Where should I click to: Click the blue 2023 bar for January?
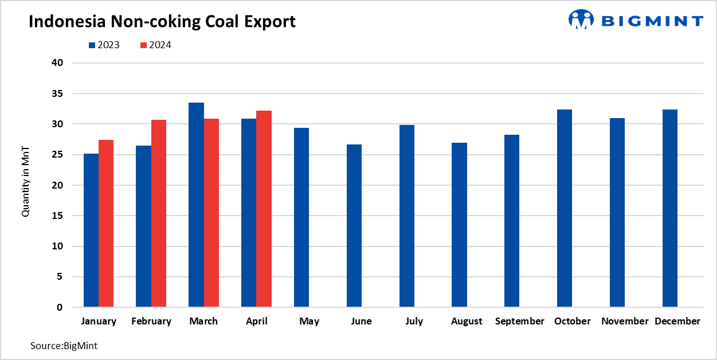point(91,230)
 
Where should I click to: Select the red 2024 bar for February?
point(159,213)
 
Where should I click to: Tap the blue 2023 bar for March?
point(196,205)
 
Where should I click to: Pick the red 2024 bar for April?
point(264,209)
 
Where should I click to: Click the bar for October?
point(565,208)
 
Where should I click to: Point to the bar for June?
point(354,226)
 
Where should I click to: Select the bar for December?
point(670,208)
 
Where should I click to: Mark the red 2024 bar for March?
point(211,213)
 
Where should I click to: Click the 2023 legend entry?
point(104,45)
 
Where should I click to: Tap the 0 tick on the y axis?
point(60,308)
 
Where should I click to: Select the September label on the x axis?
point(519,322)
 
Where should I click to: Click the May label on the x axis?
point(309,322)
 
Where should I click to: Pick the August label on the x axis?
point(467,322)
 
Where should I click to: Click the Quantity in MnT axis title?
point(25,181)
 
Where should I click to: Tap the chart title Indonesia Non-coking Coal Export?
point(162,22)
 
